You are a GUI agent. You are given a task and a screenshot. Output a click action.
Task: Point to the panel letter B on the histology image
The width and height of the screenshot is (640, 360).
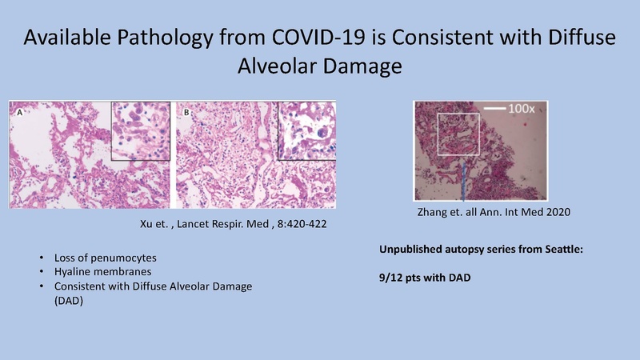(x=186, y=114)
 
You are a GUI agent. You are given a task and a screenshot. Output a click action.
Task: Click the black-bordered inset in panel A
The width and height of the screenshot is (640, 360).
(x=140, y=130)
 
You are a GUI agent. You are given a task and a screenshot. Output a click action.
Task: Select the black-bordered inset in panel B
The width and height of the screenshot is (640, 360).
(x=306, y=130)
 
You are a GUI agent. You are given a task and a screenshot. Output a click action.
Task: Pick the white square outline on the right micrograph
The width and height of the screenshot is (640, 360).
(x=458, y=136)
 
